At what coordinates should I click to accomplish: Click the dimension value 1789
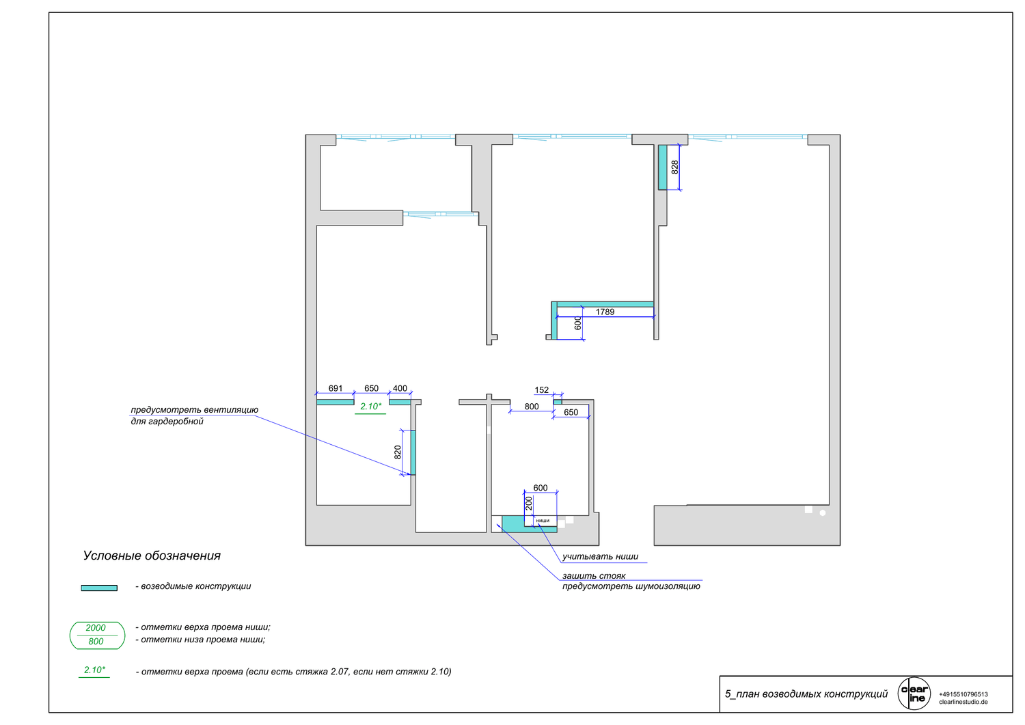[605, 312]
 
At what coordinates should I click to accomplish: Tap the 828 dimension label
[674, 167]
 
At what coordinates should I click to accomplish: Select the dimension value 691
[335, 388]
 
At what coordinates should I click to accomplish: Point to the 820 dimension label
[397, 452]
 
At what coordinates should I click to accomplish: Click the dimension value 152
[541, 390]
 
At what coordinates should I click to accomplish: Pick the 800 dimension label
[531, 407]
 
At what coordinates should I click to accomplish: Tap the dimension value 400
[400, 388]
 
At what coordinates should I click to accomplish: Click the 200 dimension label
[528, 504]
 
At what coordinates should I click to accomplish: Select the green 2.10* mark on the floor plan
[370, 407]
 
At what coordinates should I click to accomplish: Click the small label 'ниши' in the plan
[543, 521]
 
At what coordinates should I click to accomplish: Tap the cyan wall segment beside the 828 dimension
[662, 167]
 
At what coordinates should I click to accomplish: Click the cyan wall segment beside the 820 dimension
[413, 452]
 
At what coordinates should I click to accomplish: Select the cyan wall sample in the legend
[99, 588]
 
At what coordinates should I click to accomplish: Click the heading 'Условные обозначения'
[152, 556]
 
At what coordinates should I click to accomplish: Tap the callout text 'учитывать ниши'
[600, 557]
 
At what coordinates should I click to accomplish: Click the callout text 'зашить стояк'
[594, 576]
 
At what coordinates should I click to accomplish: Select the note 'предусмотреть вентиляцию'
[195, 410]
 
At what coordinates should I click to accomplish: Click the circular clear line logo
[914, 694]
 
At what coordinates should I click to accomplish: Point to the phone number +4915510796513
[963, 694]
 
